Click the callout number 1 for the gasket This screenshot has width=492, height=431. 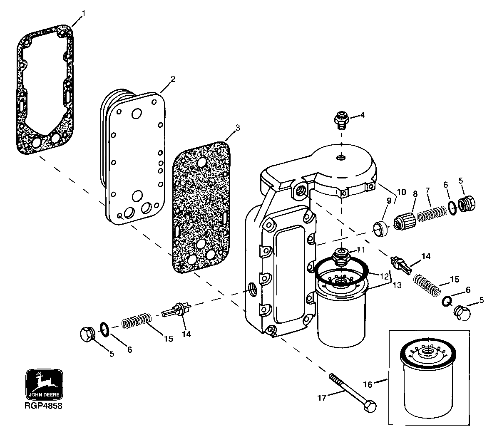coord(83,14)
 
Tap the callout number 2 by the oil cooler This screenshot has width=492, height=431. coord(173,79)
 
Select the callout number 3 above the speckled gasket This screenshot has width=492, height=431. coord(237,128)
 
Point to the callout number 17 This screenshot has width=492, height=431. coord(321,398)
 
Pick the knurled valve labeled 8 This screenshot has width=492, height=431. coord(405,219)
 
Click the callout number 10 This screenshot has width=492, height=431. coord(401,193)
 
